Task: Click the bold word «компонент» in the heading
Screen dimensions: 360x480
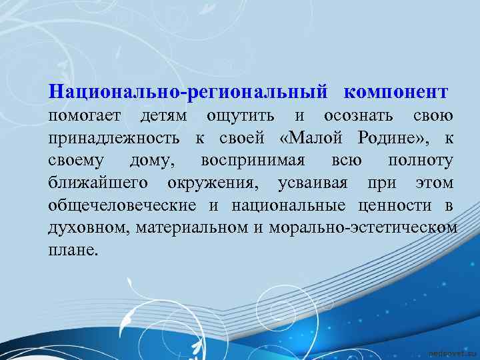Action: [397, 91]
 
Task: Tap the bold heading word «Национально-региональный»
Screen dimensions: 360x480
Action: [188, 91]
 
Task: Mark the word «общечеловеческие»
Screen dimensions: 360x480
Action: [122, 205]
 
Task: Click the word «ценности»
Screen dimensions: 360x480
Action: [405, 205]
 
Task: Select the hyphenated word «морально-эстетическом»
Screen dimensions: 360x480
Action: [364, 228]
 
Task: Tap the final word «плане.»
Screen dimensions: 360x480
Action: [73, 251]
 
